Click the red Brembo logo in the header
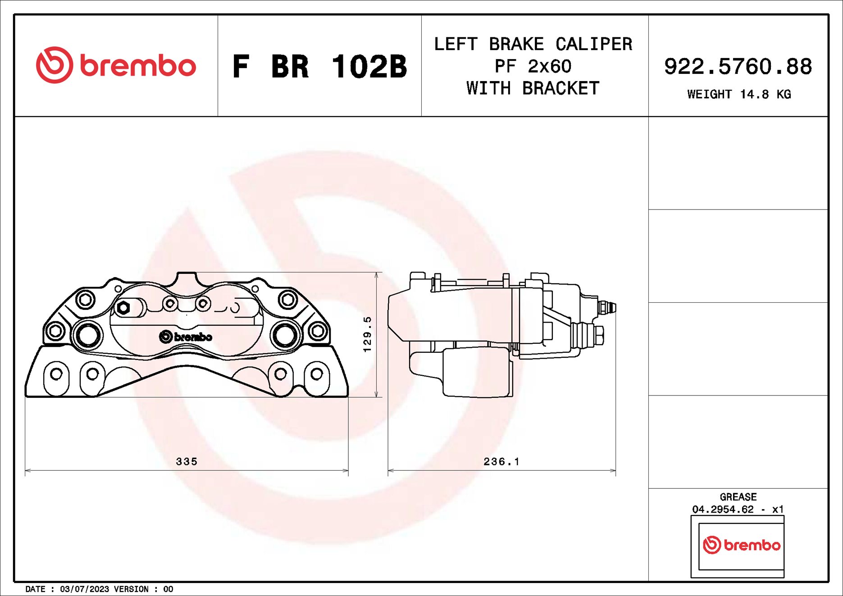[x=116, y=65]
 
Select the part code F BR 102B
[x=319, y=67]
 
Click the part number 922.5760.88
[x=738, y=67]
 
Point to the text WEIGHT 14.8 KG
[x=738, y=95]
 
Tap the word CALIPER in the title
[x=593, y=44]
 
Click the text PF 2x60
[x=533, y=67]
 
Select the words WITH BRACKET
[x=533, y=88]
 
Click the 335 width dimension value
[x=187, y=461]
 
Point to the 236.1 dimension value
[x=501, y=461]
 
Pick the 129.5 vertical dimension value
[x=368, y=334]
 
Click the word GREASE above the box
[x=738, y=497]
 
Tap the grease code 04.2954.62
[x=723, y=510]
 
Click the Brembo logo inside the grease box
[x=741, y=545]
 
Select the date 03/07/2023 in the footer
[x=84, y=589]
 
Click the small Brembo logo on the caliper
[x=186, y=337]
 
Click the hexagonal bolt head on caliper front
[x=123, y=308]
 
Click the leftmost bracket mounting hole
[x=56, y=374]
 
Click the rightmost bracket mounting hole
[x=317, y=374]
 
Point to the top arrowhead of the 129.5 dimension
[x=377, y=275]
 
